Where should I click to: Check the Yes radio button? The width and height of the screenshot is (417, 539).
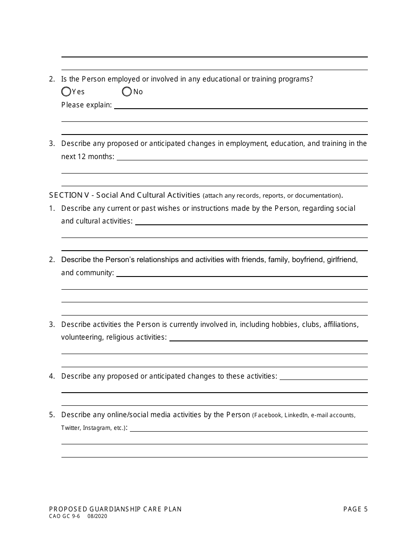[66, 92]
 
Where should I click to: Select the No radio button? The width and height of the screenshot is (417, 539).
[127, 92]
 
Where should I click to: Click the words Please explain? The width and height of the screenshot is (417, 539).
[86, 105]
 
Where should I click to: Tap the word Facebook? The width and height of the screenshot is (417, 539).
[268, 415]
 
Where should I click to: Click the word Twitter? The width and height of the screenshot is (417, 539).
[70, 428]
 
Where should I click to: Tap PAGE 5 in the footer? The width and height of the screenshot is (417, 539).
[355, 509]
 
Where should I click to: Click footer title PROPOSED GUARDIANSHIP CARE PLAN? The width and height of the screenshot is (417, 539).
[115, 509]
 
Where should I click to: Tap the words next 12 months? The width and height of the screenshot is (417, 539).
[87, 157]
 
